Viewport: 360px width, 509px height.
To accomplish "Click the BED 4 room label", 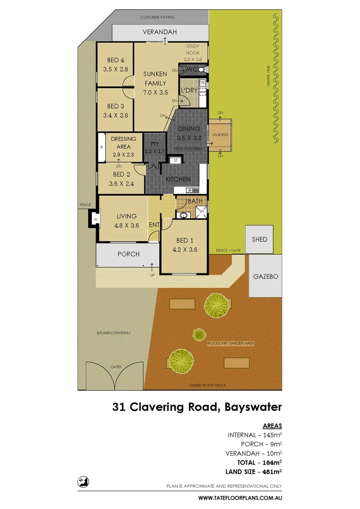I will tap(115, 60).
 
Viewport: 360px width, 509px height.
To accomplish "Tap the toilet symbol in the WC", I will tap(201, 70).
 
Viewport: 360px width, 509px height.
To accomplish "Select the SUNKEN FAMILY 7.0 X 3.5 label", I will tap(155, 83).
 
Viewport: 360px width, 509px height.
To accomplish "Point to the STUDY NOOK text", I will tap(192, 49).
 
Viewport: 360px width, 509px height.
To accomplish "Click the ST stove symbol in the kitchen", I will tap(176, 161).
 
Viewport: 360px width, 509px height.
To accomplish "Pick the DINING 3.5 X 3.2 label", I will tap(188, 133).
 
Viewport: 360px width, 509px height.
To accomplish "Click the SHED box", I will tap(259, 239).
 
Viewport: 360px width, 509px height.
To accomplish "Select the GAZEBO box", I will tap(265, 276).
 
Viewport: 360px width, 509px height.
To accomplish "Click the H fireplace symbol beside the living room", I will tap(95, 219).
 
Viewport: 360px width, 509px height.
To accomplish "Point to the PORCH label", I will tap(128, 254).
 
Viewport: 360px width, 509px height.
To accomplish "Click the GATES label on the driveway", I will tap(115, 366).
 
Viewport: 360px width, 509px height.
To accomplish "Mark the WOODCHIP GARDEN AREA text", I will tap(230, 344).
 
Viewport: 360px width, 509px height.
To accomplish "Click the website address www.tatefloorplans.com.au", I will tap(240, 498).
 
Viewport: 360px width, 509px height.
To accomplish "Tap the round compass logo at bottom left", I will tap(84, 482).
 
